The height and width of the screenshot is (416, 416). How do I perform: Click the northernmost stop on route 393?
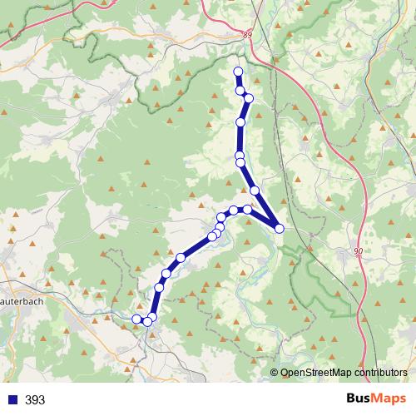[x=239, y=72]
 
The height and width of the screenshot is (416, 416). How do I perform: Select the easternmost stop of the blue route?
[x=280, y=228]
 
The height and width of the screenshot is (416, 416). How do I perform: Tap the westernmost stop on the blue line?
[x=137, y=319]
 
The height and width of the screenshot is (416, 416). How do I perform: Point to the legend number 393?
[x=35, y=400]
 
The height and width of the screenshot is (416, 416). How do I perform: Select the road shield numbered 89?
[x=247, y=34]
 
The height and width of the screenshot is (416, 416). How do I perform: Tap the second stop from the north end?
[x=240, y=90]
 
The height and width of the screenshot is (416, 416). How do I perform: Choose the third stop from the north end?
[x=248, y=99]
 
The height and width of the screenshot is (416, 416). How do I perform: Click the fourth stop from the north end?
[x=240, y=122]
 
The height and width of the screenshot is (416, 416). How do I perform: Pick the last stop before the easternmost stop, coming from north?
[x=255, y=191]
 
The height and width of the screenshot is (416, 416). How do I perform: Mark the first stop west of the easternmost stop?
[x=247, y=210]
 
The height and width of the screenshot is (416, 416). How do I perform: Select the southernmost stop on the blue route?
[x=147, y=321]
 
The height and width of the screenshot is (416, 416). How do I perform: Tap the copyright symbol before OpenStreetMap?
[x=275, y=374]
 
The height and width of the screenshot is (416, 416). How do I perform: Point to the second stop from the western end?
[x=147, y=321]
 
